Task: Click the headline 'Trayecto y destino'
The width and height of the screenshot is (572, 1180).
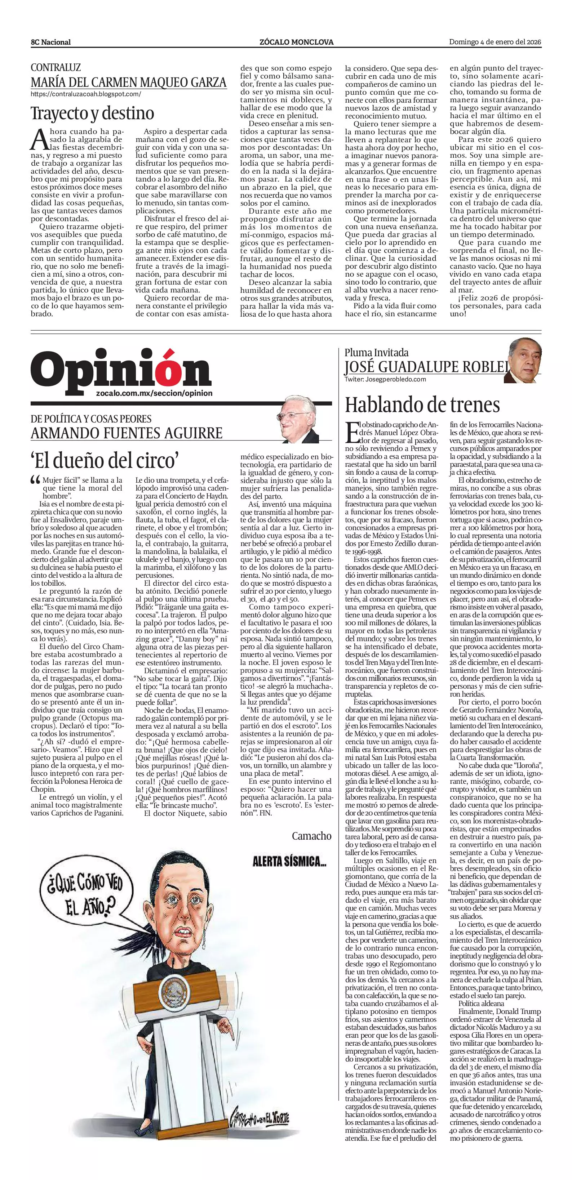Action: coord(92,113)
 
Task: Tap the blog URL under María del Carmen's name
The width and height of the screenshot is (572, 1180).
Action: coord(86,94)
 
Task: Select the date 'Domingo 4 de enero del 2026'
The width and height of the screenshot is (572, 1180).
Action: coord(495,42)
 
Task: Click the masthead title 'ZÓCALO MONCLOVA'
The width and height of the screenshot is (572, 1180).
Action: coord(296,42)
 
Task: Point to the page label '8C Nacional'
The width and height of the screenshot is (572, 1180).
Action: coord(51,42)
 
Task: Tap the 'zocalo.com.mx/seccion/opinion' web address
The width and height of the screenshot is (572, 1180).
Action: coord(155,393)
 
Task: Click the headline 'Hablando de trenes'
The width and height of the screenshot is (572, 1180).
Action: coord(422,405)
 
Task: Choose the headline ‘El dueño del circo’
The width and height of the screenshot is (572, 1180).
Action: coord(105,460)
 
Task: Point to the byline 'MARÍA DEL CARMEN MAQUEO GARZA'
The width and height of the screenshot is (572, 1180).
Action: coord(128,82)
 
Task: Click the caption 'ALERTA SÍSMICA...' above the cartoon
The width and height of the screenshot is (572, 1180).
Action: coord(290,862)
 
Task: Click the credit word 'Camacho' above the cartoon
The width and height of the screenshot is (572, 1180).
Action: coord(312,836)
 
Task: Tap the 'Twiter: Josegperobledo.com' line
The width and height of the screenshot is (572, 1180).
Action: coord(385,379)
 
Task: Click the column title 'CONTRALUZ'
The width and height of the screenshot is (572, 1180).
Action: coord(56,67)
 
